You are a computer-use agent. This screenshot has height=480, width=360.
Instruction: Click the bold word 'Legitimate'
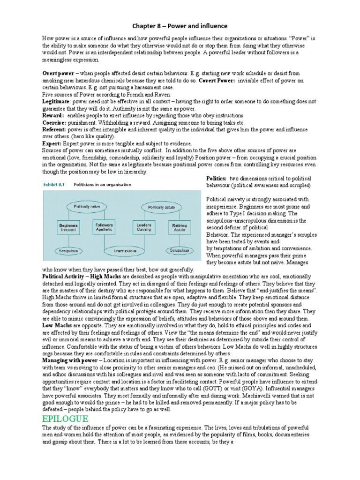[x=56, y=101]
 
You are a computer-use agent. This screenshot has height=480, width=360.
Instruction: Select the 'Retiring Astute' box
[x=179, y=227]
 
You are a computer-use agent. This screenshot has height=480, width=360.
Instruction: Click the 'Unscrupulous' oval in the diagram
[x=124, y=251]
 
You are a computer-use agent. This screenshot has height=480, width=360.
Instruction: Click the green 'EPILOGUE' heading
[x=65, y=419]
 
